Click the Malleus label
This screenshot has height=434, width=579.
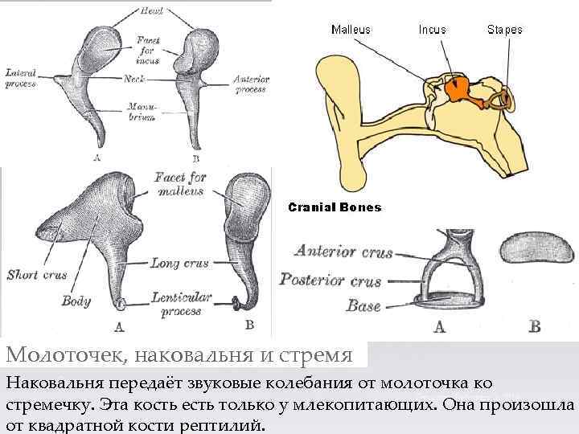pyautogui.click(x=351, y=30)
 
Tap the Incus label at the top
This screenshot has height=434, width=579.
pyautogui.click(x=432, y=30)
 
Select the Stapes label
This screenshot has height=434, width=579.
pyautogui.click(x=504, y=30)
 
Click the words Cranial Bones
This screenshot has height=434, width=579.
pyautogui.click(x=335, y=207)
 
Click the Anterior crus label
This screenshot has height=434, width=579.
pyautogui.click(x=343, y=252)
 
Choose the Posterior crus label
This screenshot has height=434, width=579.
pyautogui.click(x=331, y=280)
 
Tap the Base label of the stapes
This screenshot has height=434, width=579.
pyautogui.click(x=363, y=305)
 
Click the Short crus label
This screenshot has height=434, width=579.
pyautogui.click(x=36, y=274)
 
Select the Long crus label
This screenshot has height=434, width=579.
pyautogui.click(x=179, y=263)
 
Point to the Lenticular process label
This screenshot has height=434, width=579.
pyautogui.click(x=181, y=304)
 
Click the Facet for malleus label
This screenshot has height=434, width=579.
pyautogui.click(x=181, y=184)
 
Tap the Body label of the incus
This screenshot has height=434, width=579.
pyautogui.click(x=76, y=301)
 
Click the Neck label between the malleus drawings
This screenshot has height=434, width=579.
pyautogui.click(x=134, y=79)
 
